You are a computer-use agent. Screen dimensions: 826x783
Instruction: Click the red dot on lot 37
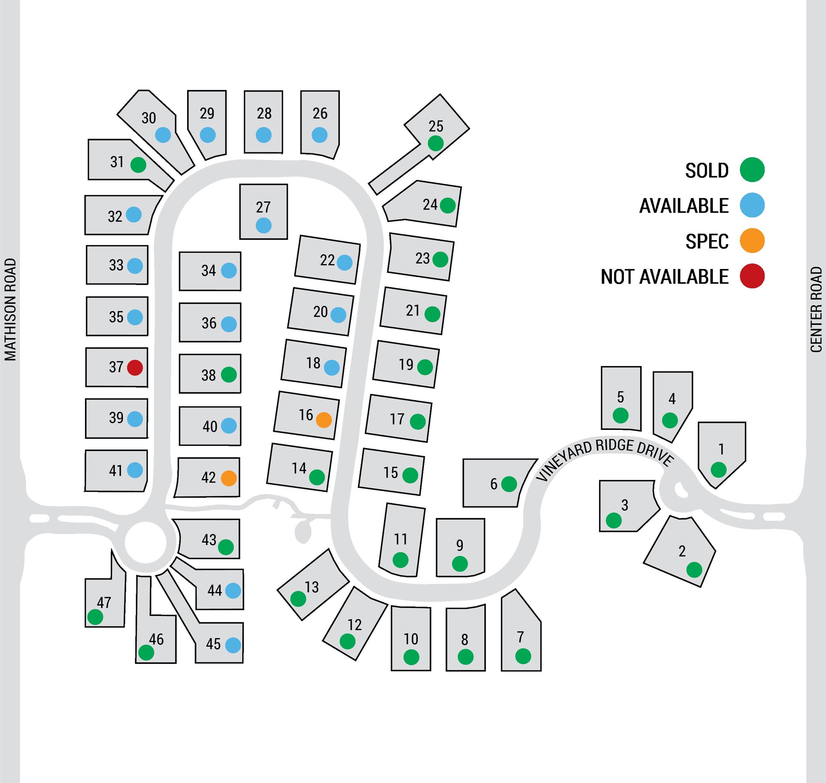point(135,367)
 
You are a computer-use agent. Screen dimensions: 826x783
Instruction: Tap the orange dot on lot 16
point(324,419)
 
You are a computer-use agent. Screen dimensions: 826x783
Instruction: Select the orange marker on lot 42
point(228,478)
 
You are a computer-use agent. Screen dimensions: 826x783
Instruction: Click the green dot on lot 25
point(435,143)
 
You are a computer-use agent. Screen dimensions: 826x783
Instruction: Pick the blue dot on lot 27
point(263,225)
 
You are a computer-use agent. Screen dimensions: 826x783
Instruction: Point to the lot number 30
point(148,118)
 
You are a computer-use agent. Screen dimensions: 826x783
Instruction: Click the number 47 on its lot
point(104,602)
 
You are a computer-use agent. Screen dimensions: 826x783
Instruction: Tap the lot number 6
point(494,484)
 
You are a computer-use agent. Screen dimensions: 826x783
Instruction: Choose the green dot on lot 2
point(694,570)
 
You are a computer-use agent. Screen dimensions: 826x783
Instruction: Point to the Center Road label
point(816,309)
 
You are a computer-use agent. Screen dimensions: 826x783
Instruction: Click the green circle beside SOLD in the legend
point(752,170)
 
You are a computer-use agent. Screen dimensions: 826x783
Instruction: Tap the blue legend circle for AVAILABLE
point(752,205)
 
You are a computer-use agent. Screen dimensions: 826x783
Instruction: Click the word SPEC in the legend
point(707,241)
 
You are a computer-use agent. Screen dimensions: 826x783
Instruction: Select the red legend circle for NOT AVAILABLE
point(752,276)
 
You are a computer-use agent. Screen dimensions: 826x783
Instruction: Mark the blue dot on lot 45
point(233,645)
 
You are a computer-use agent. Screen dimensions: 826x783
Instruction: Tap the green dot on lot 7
point(523,656)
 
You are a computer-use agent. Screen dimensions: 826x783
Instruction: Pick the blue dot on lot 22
point(344,263)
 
